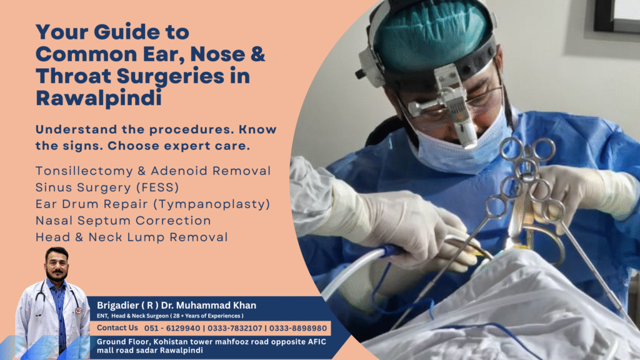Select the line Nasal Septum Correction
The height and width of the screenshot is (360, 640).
click(x=123, y=221)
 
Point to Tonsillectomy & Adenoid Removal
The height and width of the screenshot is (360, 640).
click(x=153, y=171)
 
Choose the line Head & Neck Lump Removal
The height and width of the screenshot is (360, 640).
click(x=131, y=237)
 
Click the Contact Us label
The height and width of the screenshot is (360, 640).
click(x=117, y=328)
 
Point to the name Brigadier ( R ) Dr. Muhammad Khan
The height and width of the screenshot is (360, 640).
click(x=176, y=305)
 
